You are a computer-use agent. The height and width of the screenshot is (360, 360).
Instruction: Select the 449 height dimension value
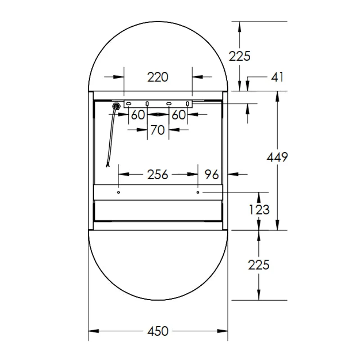click(x=277, y=157)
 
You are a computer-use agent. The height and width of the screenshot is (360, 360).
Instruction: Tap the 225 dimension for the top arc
click(x=239, y=56)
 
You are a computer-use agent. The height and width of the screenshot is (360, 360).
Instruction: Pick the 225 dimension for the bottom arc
click(x=259, y=265)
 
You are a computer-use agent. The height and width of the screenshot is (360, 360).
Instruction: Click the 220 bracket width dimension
click(x=157, y=77)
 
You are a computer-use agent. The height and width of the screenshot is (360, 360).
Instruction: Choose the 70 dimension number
click(x=157, y=130)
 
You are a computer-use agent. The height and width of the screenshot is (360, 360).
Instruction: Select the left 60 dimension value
click(x=138, y=115)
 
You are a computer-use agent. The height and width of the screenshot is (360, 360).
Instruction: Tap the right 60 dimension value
click(x=178, y=115)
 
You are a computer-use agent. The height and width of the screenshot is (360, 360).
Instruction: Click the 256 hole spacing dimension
click(x=157, y=174)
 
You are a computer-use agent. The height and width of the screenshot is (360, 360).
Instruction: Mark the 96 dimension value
click(x=211, y=174)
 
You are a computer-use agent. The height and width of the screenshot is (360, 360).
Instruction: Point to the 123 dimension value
click(x=259, y=209)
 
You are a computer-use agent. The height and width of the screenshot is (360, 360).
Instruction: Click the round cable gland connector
click(x=116, y=106)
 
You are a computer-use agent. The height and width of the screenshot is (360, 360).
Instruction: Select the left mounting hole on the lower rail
click(x=118, y=192)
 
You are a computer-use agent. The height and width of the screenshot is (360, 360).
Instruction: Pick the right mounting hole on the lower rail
click(x=198, y=192)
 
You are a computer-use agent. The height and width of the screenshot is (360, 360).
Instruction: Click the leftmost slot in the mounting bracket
click(x=128, y=104)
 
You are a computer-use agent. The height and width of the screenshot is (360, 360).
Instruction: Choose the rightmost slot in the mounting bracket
click(x=188, y=104)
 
